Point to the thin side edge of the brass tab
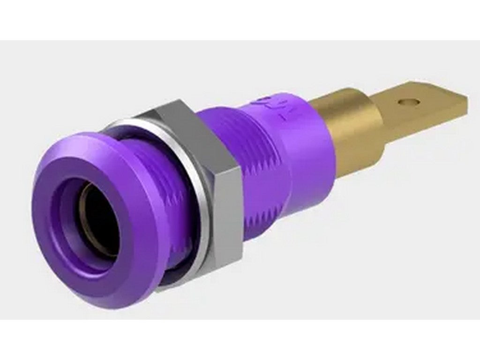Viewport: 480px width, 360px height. point(422,117)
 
